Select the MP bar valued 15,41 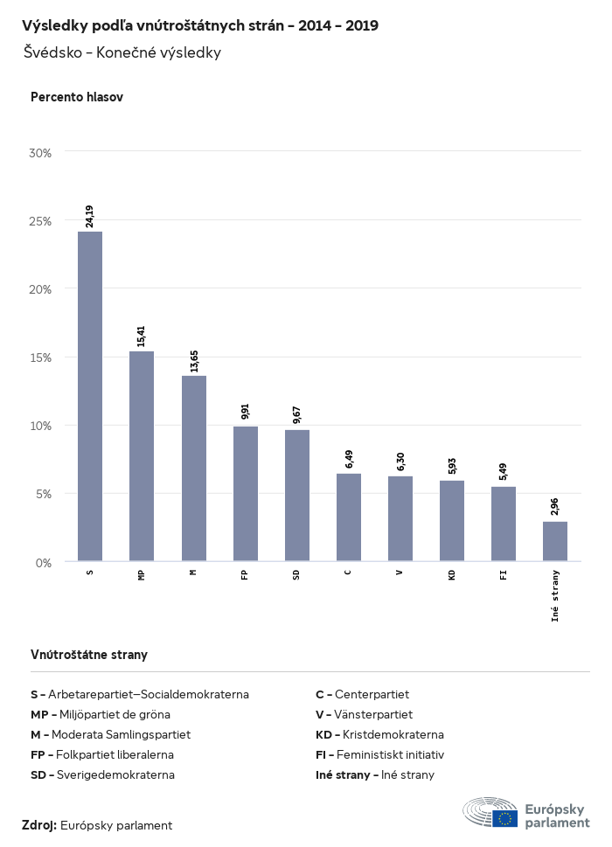(x=142, y=455)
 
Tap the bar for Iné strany (x=555, y=541)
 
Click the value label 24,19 (x=90, y=216)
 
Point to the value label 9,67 (x=297, y=415)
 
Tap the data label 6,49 (x=349, y=459)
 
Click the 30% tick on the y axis (x=41, y=152)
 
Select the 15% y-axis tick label (x=41, y=357)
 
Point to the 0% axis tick (x=44, y=562)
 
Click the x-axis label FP (x=246, y=574)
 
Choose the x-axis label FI (x=504, y=574)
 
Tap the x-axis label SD (x=297, y=574)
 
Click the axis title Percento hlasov (x=77, y=97)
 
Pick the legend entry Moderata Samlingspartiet (x=110, y=734)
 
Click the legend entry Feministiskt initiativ (x=380, y=754)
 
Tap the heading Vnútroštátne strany (x=89, y=654)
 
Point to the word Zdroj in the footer (x=39, y=825)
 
